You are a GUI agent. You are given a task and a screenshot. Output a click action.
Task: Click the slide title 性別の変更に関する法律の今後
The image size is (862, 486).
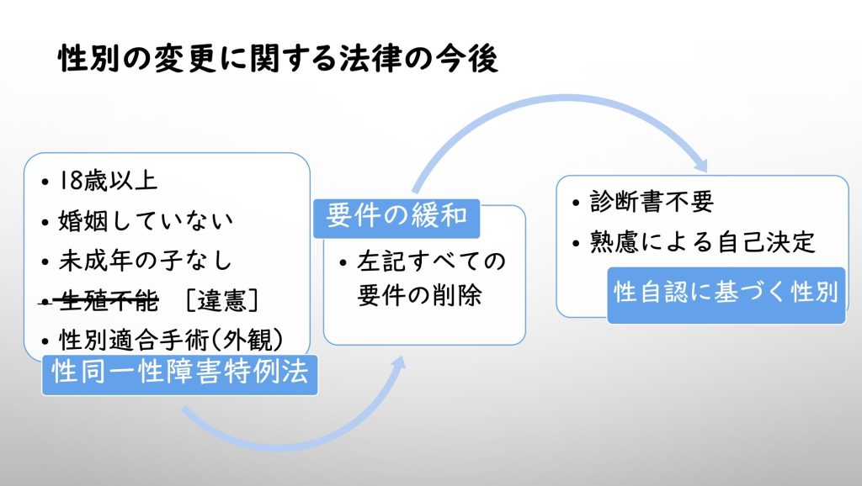coord(278,59)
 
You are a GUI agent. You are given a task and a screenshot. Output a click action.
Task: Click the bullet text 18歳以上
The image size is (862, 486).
coord(108,182)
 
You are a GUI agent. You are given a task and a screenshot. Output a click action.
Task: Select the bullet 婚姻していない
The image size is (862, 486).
coord(146,221)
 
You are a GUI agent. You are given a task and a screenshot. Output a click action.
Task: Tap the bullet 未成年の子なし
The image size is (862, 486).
coord(145,261)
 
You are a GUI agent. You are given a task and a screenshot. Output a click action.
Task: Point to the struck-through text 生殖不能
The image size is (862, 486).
coord(109,300)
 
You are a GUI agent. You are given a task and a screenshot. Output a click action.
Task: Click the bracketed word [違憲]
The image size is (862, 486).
coord(221,300)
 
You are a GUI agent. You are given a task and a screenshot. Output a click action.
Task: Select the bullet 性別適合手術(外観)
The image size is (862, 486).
coord(171,341)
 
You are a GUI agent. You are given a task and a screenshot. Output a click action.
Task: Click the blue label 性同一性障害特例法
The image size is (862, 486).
coord(180,373)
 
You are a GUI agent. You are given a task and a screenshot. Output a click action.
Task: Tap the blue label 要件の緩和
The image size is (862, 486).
coord(396,216)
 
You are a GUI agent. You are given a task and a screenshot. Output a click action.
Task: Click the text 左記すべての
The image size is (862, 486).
coord(431,261)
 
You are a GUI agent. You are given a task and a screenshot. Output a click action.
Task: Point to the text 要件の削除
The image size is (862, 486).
coord(419,295)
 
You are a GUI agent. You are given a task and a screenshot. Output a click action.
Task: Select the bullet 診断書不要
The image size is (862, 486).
coord(652,202)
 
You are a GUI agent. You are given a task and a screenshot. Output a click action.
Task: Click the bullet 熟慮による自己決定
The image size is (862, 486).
coord(703,242)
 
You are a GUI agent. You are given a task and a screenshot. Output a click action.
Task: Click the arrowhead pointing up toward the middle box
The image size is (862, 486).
coord(400,363)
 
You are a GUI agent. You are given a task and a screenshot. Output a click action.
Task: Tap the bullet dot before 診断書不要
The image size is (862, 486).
coord(576,203)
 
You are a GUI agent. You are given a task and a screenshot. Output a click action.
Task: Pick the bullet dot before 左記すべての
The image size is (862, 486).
coord(343,262)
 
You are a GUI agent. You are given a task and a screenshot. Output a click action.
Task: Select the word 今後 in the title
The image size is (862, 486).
coord(467,59)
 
